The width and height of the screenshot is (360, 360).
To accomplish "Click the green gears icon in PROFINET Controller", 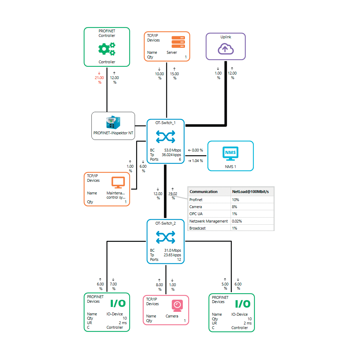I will [x=107, y=49].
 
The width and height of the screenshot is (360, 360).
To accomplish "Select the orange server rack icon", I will [x=178, y=41].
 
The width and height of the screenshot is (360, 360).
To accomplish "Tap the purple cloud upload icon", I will [x=225, y=49].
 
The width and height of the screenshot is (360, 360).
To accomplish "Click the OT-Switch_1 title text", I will [x=165, y=123].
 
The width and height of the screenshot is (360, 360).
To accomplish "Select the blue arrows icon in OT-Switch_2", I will [x=165, y=237].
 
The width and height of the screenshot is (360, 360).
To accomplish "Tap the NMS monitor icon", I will [x=230, y=153].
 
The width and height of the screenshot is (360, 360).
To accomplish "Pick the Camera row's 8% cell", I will [x=234, y=207].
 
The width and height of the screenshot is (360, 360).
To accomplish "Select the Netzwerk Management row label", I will [x=208, y=221].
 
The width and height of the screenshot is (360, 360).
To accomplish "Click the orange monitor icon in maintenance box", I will [x=118, y=182].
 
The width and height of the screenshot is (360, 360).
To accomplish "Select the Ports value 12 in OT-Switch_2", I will [x=179, y=259].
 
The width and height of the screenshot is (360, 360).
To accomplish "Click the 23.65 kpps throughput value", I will [x=172, y=255].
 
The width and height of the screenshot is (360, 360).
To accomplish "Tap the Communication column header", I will [x=204, y=192].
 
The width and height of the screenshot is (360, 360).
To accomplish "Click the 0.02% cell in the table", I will [x=237, y=221].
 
